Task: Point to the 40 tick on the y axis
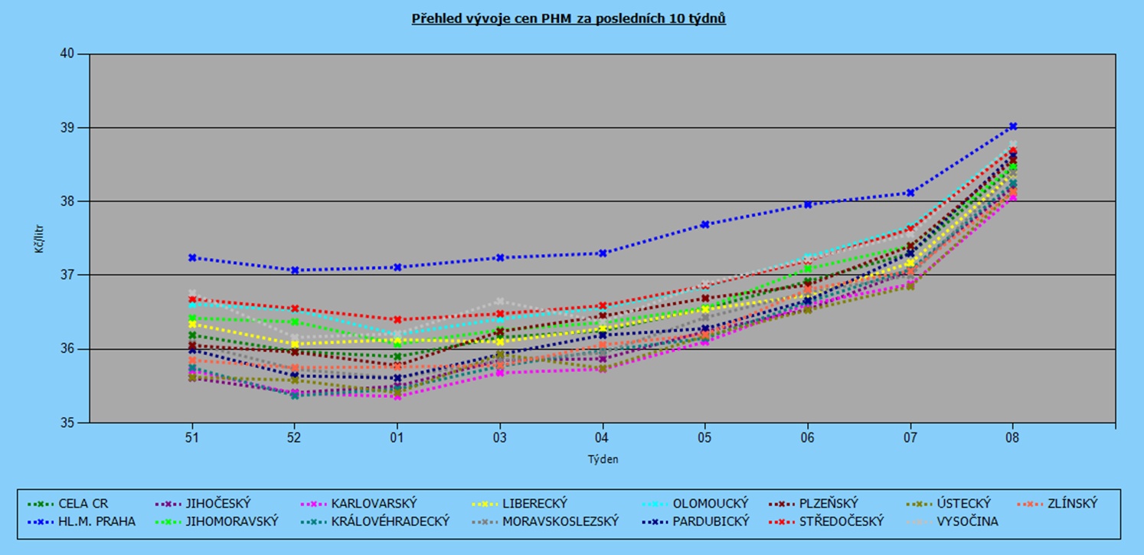[67, 54]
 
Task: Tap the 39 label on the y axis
[67, 128]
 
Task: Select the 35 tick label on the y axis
[67, 423]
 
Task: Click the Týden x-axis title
[602, 460]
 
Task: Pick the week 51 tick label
[191, 438]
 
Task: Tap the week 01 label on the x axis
[397, 438]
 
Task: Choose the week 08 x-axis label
[1012, 438]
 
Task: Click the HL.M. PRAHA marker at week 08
[1012, 126]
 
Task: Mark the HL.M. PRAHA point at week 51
[191, 258]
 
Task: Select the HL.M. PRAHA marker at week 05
[704, 224]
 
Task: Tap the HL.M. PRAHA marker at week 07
[910, 193]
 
